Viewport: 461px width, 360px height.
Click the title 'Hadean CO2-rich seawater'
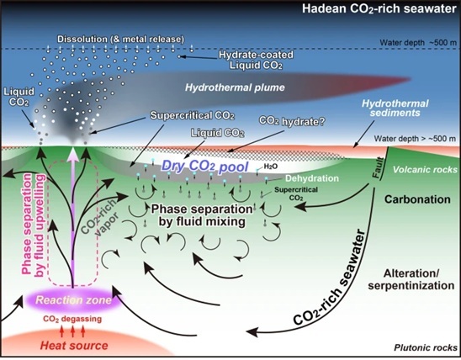[x=379, y=8]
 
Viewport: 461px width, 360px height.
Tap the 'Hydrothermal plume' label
[x=235, y=87]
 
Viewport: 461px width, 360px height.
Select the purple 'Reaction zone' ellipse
[x=73, y=300]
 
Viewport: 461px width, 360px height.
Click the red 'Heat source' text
[x=74, y=346]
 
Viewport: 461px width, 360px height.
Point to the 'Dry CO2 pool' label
[x=205, y=167]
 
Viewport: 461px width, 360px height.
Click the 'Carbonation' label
[x=417, y=199]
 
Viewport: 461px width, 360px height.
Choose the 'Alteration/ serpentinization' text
[x=411, y=279]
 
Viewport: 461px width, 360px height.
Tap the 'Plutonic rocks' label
[x=426, y=347]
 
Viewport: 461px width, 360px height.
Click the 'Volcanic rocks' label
[x=426, y=170]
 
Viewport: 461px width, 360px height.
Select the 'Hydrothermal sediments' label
[x=395, y=108]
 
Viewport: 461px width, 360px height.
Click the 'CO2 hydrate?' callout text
[x=291, y=121]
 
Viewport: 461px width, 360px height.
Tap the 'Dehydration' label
[x=312, y=178]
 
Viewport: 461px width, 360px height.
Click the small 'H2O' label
[x=271, y=167]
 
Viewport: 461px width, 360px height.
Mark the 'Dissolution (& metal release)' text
[x=121, y=39]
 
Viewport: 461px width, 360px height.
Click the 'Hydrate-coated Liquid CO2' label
[x=256, y=60]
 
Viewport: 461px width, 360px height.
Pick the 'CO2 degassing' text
[x=72, y=319]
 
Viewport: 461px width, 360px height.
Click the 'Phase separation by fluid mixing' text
[x=202, y=214]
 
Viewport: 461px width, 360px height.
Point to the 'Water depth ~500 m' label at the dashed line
[x=418, y=43]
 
